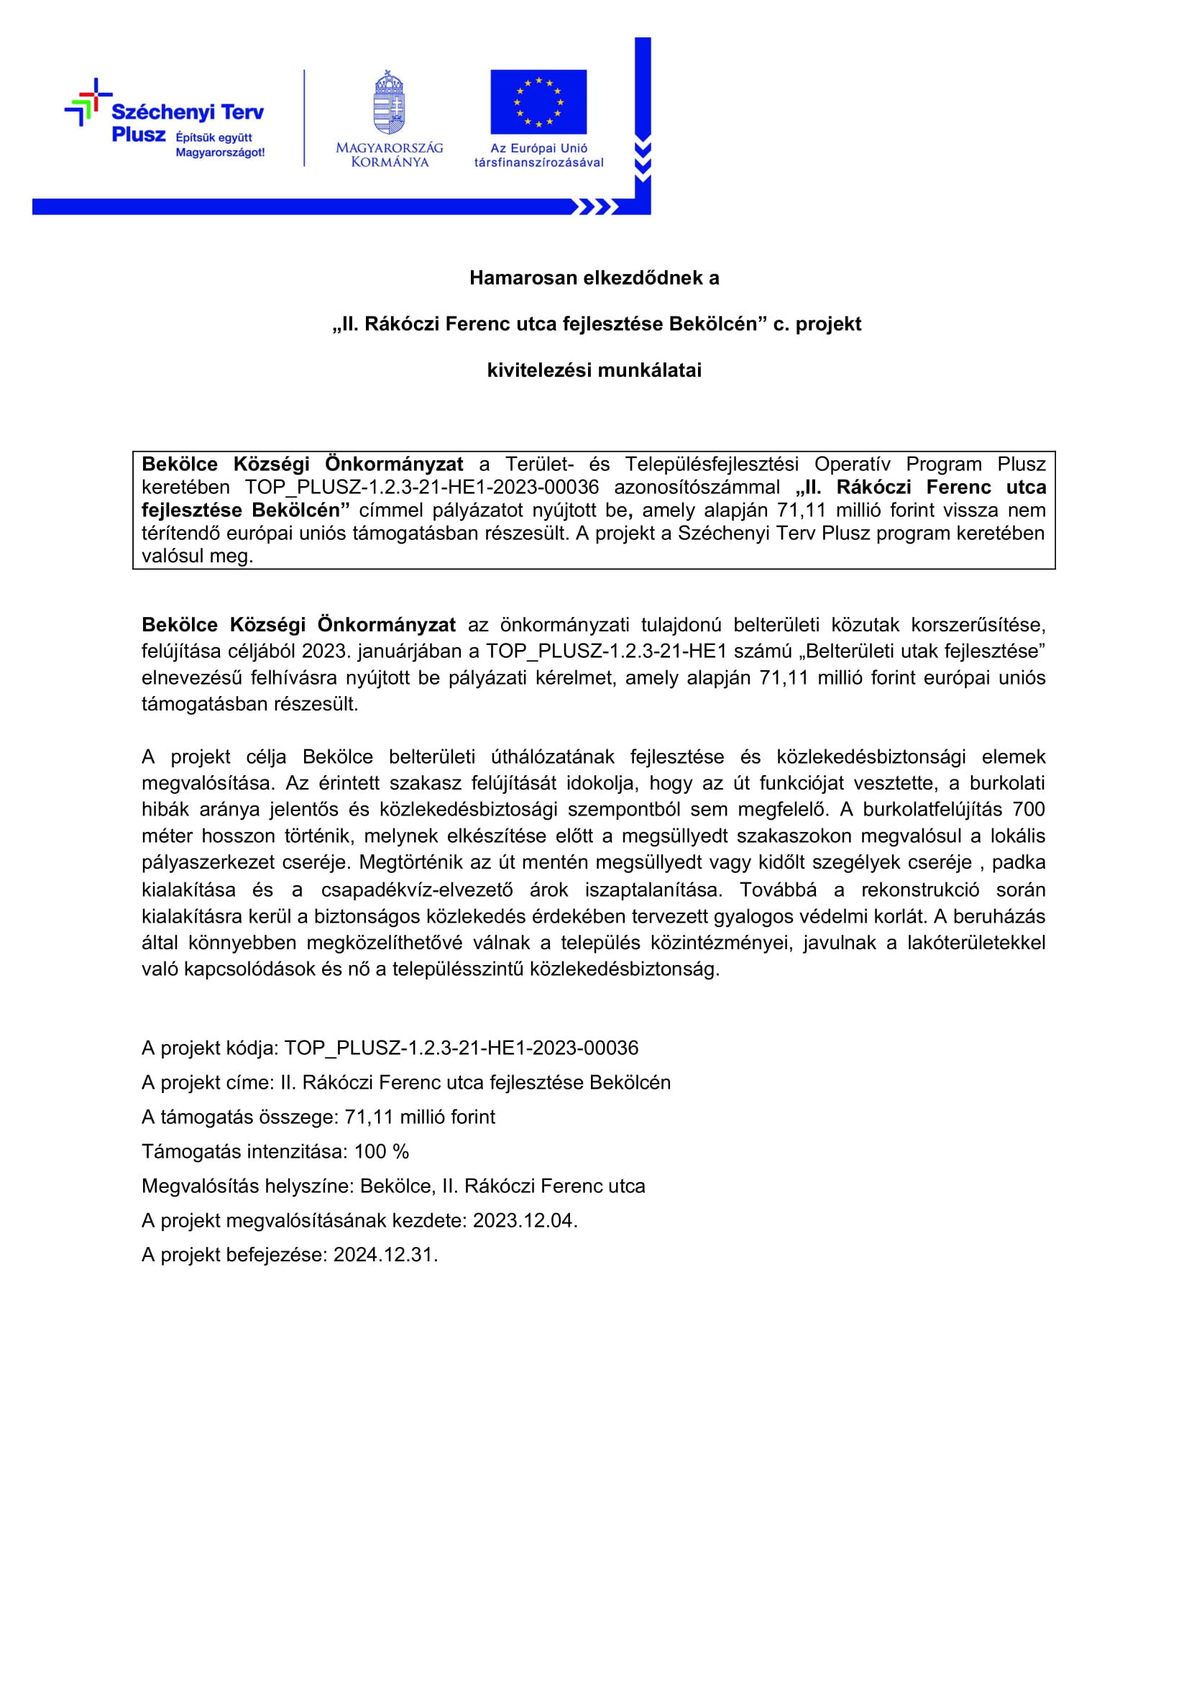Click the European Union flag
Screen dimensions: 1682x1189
coord(538,102)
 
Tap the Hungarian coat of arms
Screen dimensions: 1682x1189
coord(389,103)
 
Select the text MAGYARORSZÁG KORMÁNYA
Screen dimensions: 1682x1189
coord(390,155)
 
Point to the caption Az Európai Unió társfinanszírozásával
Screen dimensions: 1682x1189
coord(539,155)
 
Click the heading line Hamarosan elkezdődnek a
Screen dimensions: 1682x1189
coord(594,278)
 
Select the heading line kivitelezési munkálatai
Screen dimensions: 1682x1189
coord(594,370)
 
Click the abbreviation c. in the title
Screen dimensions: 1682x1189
coord(781,324)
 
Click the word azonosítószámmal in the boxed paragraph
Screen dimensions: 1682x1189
coord(697,488)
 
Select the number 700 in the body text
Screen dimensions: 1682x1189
coord(1029,810)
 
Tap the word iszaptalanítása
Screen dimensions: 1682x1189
coord(653,890)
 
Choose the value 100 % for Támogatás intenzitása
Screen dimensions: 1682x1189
coord(382,1151)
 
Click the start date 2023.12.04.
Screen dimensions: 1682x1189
coord(525,1220)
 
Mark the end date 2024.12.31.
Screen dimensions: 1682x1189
coord(385,1255)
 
